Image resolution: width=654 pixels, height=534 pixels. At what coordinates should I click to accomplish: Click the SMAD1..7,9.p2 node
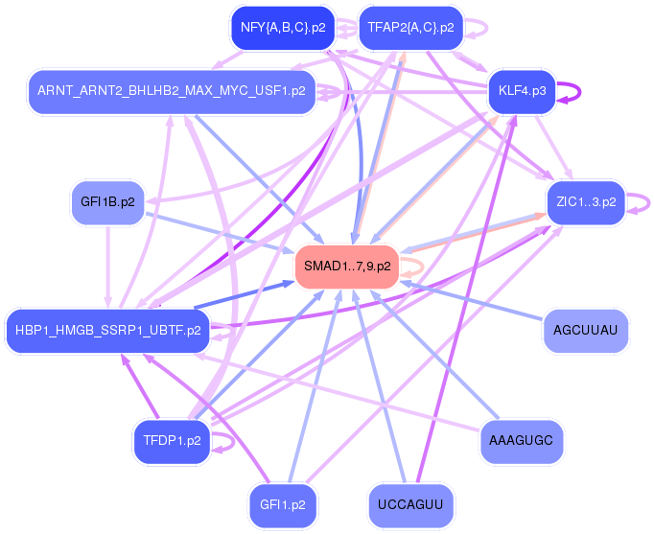click(x=347, y=266)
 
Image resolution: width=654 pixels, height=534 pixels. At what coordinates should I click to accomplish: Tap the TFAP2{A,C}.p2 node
click(x=410, y=28)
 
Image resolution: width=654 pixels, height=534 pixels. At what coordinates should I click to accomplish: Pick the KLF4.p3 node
click(x=522, y=91)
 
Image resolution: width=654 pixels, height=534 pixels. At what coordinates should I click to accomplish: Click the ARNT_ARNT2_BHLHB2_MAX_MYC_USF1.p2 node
click(x=172, y=91)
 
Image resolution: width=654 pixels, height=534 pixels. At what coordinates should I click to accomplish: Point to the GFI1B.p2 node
click(x=107, y=202)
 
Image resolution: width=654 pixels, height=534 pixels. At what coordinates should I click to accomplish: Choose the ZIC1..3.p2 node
click(x=585, y=202)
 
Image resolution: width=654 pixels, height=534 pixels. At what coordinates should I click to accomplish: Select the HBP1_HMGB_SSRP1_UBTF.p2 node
click(x=107, y=331)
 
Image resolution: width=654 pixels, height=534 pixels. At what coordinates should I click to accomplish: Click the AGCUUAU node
click(x=585, y=331)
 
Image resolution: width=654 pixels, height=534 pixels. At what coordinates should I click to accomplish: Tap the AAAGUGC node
click(x=521, y=440)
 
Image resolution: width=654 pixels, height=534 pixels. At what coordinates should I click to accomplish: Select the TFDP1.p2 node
click(x=171, y=441)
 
